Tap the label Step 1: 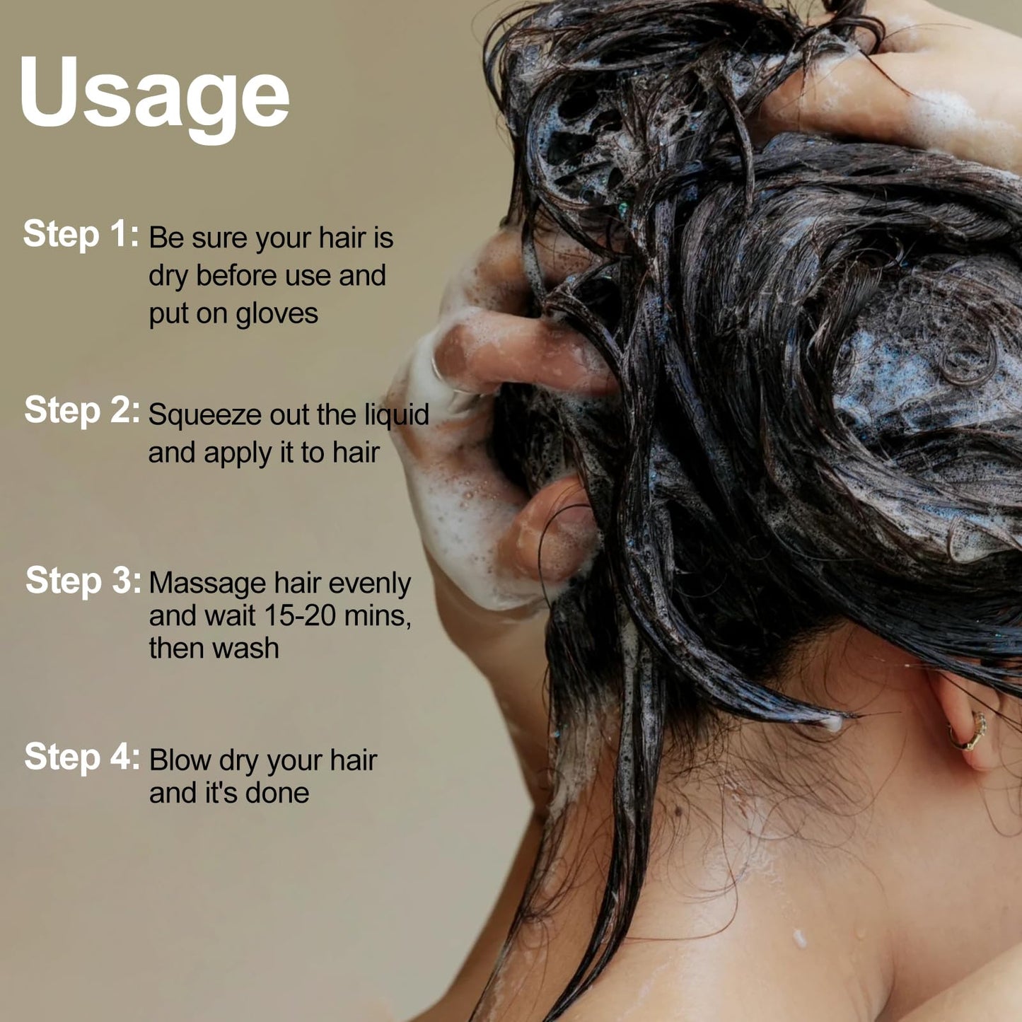81,234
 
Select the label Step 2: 82,411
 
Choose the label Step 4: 82,757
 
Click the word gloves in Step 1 277,315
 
